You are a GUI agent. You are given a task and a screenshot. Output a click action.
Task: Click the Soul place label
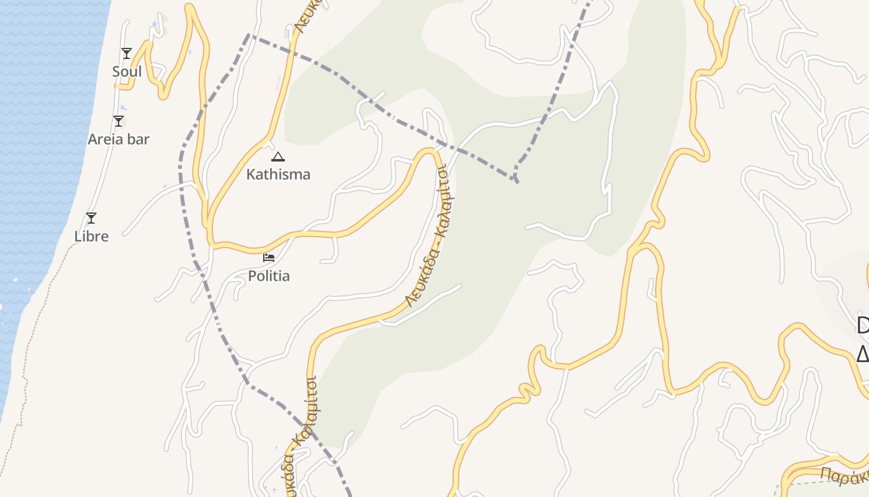click(127, 72)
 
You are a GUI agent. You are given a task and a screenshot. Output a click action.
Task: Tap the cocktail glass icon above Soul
click(127, 53)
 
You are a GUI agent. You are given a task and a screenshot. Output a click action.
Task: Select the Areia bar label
click(119, 139)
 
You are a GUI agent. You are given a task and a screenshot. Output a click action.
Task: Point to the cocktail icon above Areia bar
click(119, 121)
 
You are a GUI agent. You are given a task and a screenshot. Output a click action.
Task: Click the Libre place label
click(91, 237)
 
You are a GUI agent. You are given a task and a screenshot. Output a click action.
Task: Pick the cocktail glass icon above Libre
click(91, 218)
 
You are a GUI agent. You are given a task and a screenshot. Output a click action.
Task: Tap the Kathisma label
click(278, 175)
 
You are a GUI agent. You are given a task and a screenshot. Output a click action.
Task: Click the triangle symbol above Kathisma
click(278, 157)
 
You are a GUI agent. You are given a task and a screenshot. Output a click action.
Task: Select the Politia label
click(269, 276)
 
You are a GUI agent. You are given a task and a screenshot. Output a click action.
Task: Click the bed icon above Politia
click(269, 257)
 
